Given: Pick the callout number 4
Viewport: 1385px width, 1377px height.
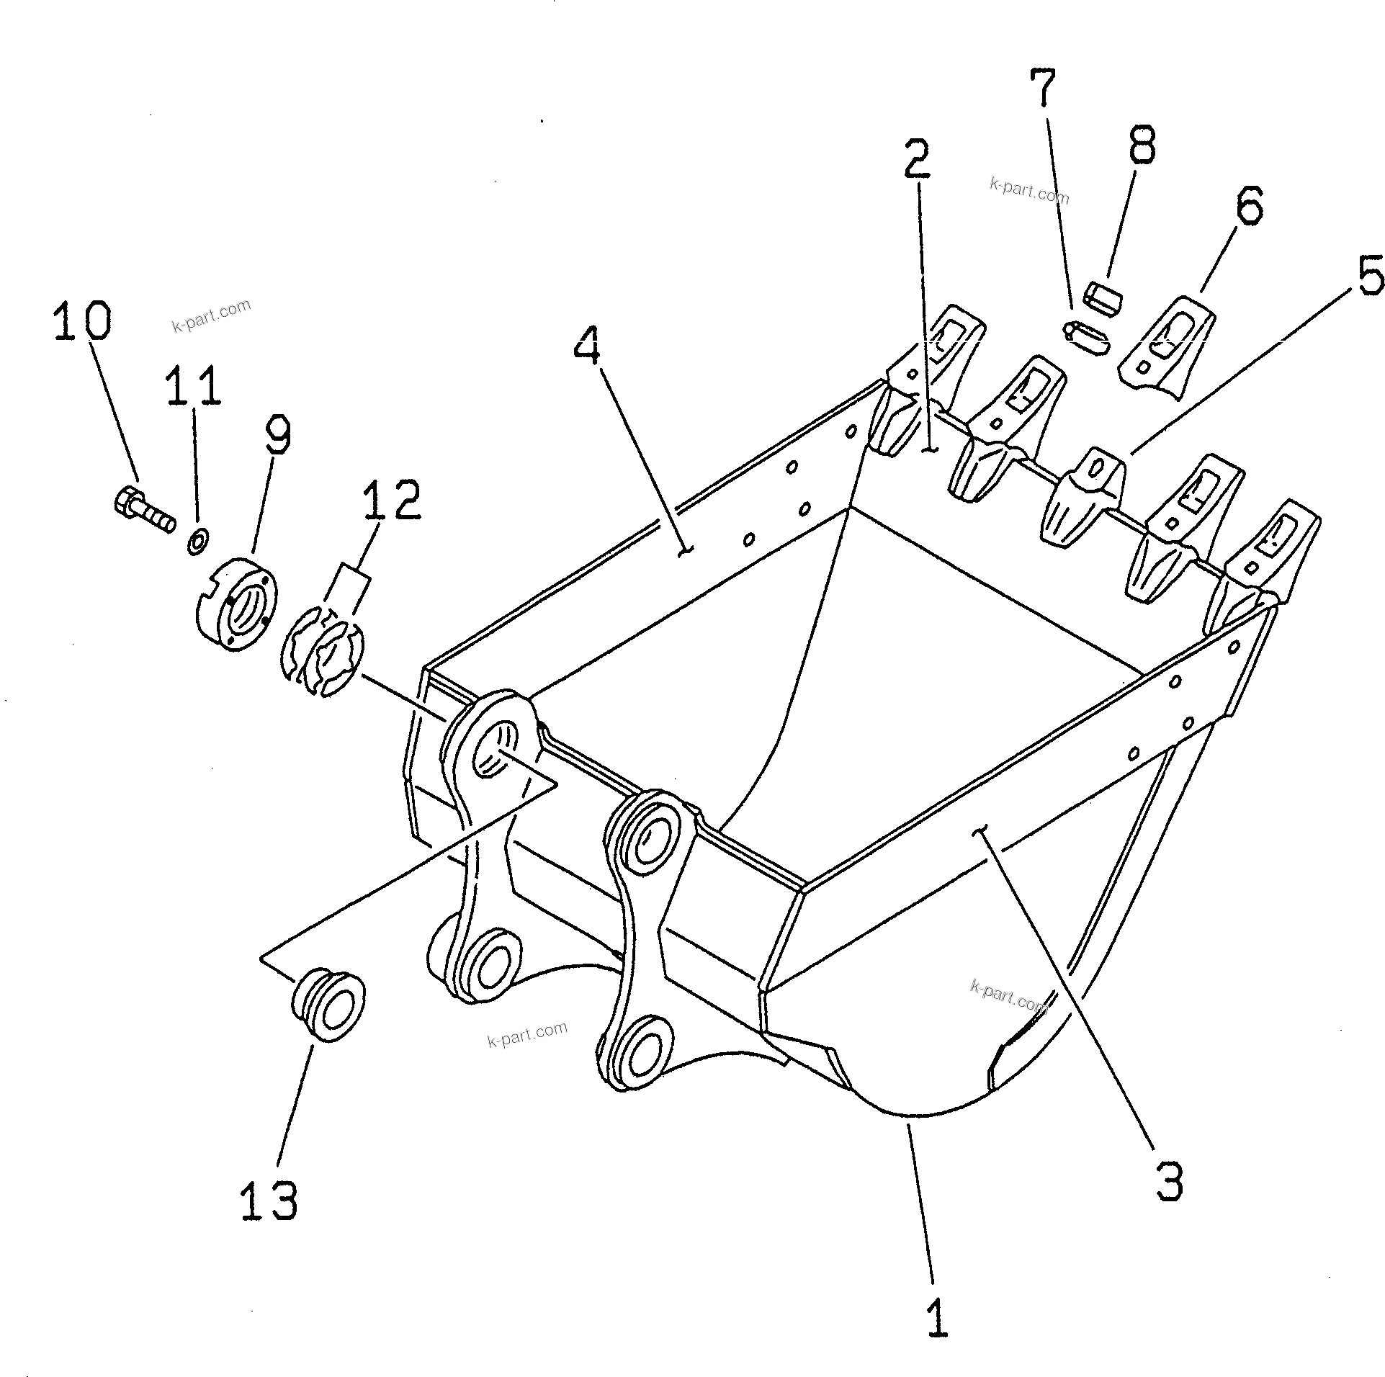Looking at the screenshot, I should pos(588,345).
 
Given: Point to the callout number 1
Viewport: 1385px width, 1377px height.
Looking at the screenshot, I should pos(936,1317).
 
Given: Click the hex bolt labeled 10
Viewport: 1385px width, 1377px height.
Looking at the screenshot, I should pos(143,510).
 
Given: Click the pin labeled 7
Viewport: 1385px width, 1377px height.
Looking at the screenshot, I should pos(1086,338).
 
